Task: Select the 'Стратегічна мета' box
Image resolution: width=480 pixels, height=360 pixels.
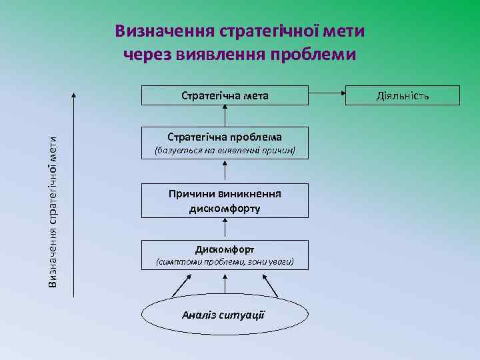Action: coord(225,95)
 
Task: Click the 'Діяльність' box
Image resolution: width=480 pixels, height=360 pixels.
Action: coord(403,95)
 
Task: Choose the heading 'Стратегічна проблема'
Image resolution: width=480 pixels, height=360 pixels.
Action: coord(225,137)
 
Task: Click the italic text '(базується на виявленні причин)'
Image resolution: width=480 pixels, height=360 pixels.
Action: coord(225,151)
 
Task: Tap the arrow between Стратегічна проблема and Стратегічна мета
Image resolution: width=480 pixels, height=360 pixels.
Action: coord(225,116)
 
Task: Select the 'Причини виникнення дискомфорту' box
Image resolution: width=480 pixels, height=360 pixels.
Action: coord(225,201)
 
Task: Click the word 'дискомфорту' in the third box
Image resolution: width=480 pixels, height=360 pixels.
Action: coord(225,208)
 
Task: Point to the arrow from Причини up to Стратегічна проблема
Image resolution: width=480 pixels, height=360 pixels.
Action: coord(225,173)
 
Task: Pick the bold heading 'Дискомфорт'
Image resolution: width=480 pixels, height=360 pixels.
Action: coord(225,249)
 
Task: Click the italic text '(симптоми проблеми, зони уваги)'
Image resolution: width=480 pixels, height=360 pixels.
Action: coord(225,263)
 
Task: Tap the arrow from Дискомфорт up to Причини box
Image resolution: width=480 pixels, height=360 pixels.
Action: coord(225,229)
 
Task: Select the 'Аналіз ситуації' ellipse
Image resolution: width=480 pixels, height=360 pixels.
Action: coord(225,314)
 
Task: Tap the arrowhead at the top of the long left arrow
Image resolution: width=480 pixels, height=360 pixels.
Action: coord(73,94)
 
